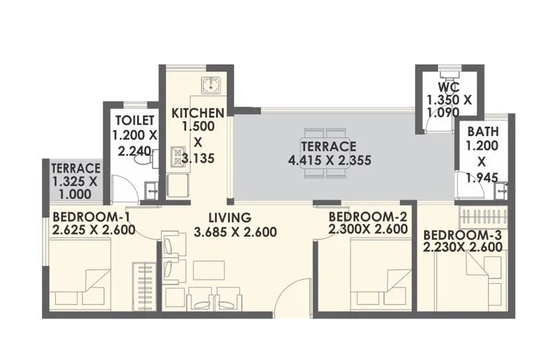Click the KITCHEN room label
[198, 113]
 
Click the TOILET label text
[135, 120]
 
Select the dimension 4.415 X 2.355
[329, 160]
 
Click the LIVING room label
[229, 217]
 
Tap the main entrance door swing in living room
[292, 295]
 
